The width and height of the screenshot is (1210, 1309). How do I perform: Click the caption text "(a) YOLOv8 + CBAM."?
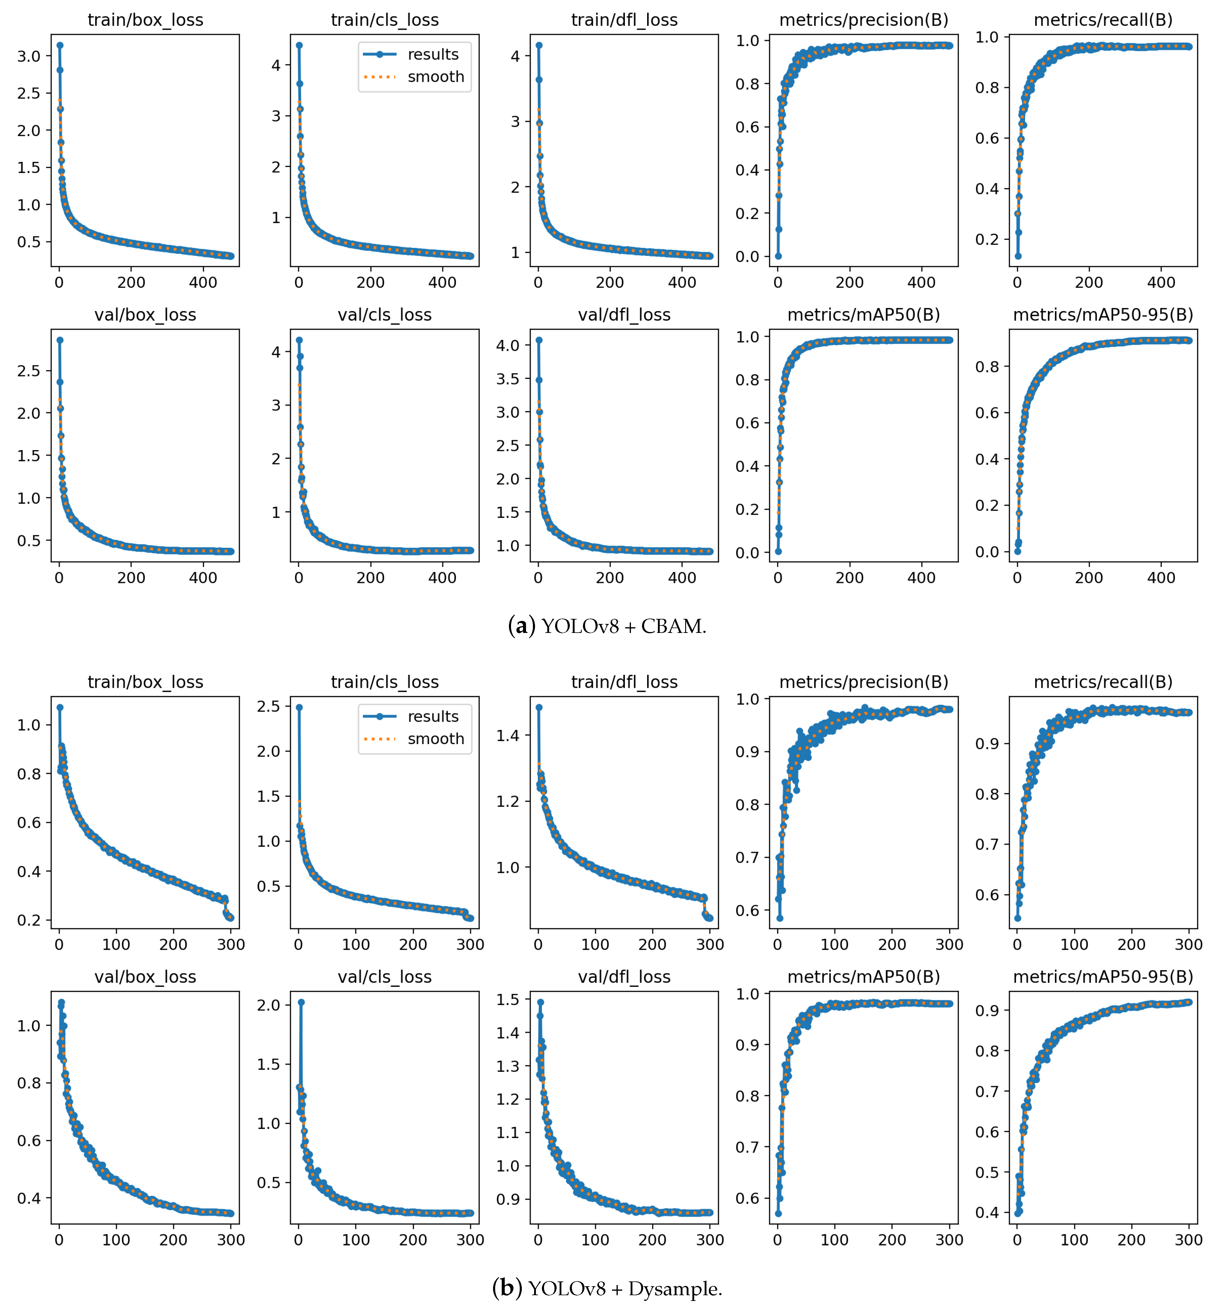click(x=607, y=626)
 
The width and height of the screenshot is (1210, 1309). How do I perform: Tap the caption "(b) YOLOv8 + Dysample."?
click(x=607, y=1289)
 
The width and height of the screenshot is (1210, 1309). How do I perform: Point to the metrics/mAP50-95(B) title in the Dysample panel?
click(x=1103, y=977)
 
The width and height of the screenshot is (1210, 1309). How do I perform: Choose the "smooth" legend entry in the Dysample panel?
click(x=436, y=739)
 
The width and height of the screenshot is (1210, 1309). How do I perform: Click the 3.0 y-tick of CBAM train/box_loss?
click(x=29, y=56)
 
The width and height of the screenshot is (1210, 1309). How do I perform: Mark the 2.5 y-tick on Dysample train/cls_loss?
click(x=269, y=706)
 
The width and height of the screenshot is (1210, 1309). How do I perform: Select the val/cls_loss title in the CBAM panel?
click(x=385, y=315)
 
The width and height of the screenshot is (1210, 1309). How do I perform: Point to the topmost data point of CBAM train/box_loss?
click(x=60, y=45)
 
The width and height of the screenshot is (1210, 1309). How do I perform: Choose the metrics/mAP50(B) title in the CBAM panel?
click(x=864, y=315)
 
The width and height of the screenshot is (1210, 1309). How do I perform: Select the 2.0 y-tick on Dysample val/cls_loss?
click(x=269, y=1005)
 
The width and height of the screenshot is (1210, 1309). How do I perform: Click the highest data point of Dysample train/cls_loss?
click(x=299, y=708)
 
